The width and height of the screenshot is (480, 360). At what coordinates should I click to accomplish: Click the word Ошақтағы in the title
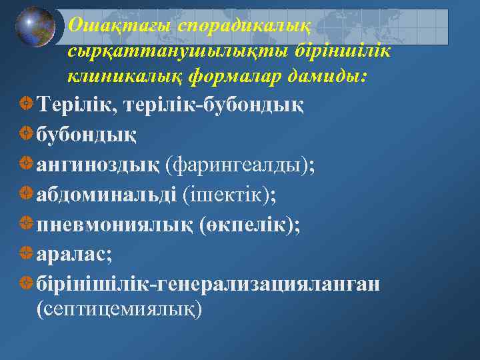click(x=121, y=25)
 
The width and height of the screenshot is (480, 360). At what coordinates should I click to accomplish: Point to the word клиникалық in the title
click(x=125, y=78)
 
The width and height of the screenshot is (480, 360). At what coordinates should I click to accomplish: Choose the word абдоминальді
click(x=107, y=194)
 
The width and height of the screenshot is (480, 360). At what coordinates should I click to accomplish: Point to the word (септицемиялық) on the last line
click(x=119, y=309)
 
